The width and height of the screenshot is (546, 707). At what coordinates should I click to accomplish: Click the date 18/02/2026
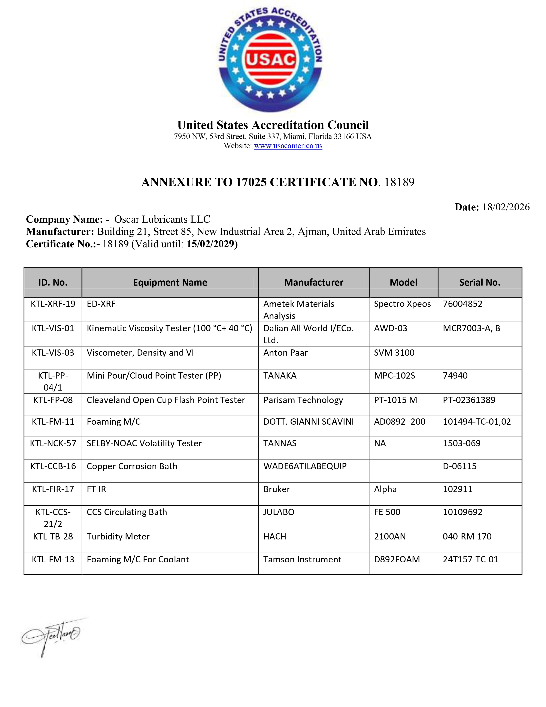[506, 207]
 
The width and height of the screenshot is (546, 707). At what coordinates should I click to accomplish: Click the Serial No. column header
[479, 282]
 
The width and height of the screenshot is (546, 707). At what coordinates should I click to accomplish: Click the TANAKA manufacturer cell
[280, 376]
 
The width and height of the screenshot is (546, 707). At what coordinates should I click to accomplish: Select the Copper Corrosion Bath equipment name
[132, 466]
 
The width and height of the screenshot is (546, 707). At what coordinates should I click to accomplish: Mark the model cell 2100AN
[390, 536]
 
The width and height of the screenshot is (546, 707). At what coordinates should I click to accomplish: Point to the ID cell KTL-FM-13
[53, 559]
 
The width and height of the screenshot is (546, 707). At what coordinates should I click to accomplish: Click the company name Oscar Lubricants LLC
[162, 219]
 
